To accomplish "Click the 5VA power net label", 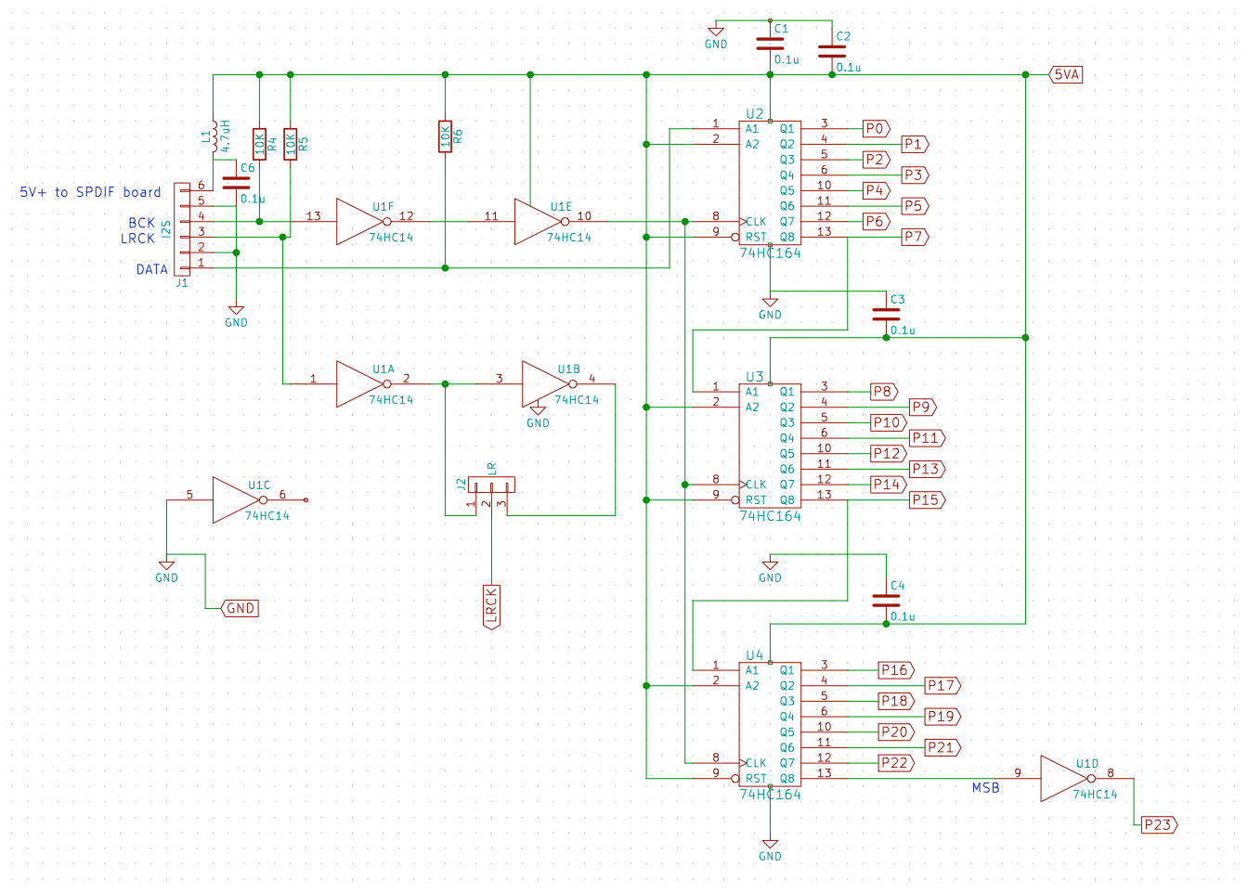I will (1066, 74).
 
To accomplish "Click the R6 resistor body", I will (445, 136).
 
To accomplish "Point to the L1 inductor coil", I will (214, 136).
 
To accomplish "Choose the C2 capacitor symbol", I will (831, 51).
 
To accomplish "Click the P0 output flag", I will (876, 128).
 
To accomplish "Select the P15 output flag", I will (927, 499).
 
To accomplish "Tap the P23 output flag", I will (1159, 824).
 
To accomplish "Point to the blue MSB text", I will (985, 788).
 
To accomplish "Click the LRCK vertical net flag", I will (491, 606).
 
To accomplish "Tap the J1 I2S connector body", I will (181, 228).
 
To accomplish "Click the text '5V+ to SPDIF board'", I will (90, 192).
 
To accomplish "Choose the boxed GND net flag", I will (240, 608).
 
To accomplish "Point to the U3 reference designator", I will (754, 377).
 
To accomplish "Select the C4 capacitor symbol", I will (886, 601).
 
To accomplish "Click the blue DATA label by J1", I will (151, 269).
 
